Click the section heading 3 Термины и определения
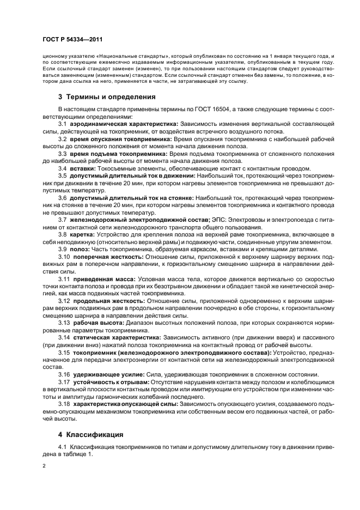click(107, 97)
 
